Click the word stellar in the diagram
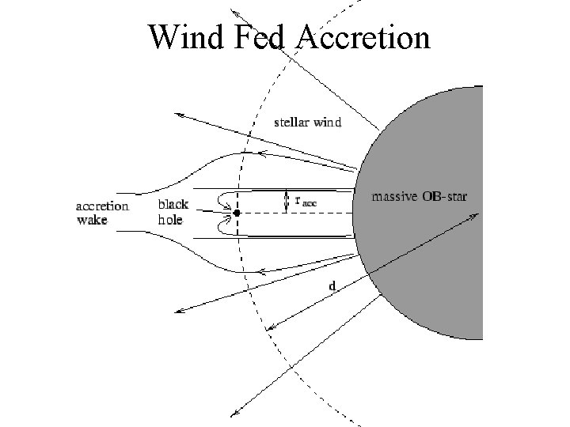coord(292,122)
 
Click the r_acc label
coord(305,201)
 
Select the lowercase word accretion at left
coord(102,206)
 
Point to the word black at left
coord(173,205)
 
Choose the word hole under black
coord(170,219)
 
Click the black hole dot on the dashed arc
coord(236,213)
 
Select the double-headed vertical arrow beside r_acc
coord(285,201)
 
